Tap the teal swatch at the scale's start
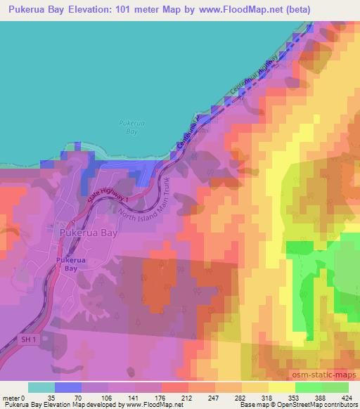(x=41, y=387)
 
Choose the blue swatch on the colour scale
(x=67, y=387)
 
